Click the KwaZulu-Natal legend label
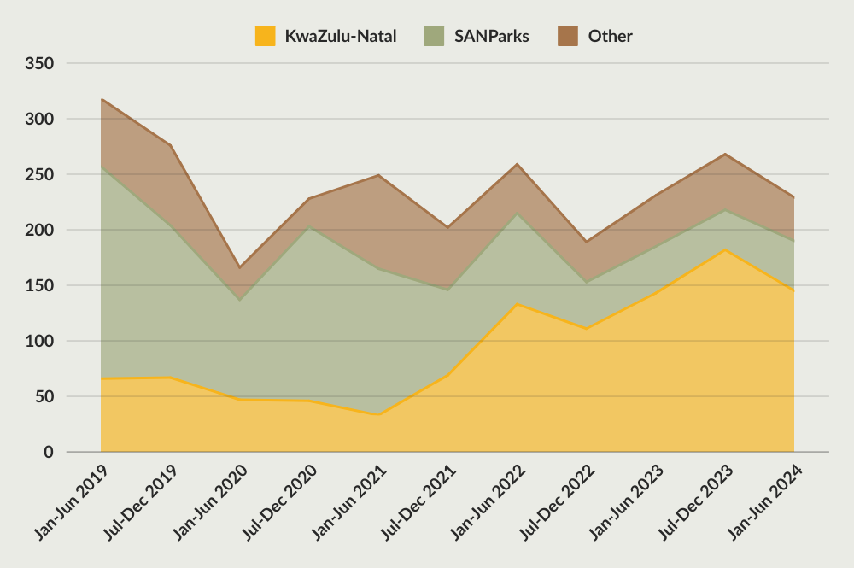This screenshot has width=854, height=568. coord(340,36)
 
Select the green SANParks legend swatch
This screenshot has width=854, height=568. coord(434,36)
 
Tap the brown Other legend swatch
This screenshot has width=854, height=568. coord(568,36)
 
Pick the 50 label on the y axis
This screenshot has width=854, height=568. coord(44,397)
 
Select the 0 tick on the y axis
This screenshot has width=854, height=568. coord(49,453)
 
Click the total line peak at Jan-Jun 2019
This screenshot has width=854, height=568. coord(102,100)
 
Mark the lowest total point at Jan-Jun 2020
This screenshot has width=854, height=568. coord(240,267)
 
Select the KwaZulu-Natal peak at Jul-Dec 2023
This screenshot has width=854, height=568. coord(725,250)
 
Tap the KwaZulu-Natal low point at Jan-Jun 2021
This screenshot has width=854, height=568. coord(378,415)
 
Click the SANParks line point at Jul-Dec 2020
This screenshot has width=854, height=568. coord(309,226)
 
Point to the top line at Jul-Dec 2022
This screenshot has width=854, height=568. coord(587,242)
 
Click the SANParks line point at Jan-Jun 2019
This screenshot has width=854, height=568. coord(102,167)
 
